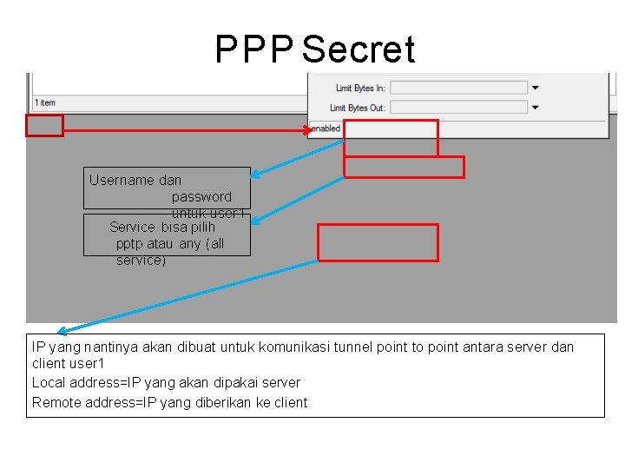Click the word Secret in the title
pyautogui.click(x=359, y=50)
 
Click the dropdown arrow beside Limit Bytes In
pyautogui.click(x=536, y=88)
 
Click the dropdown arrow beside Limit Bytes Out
pyautogui.click(x=536, y=108)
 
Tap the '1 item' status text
pyautogui.click(x=44, y=103)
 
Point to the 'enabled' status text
pyautogui.click(x=326, y=129)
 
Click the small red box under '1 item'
pyautogui.click(x=44, y=126)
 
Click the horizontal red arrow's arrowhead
pyautogui.click(x=308, y=130)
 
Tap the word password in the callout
pyautogui.click(x=201, y=197)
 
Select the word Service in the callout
pyautogui.click(x=132, y=228)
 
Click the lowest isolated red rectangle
pyautogui.click(x=378, y=242)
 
